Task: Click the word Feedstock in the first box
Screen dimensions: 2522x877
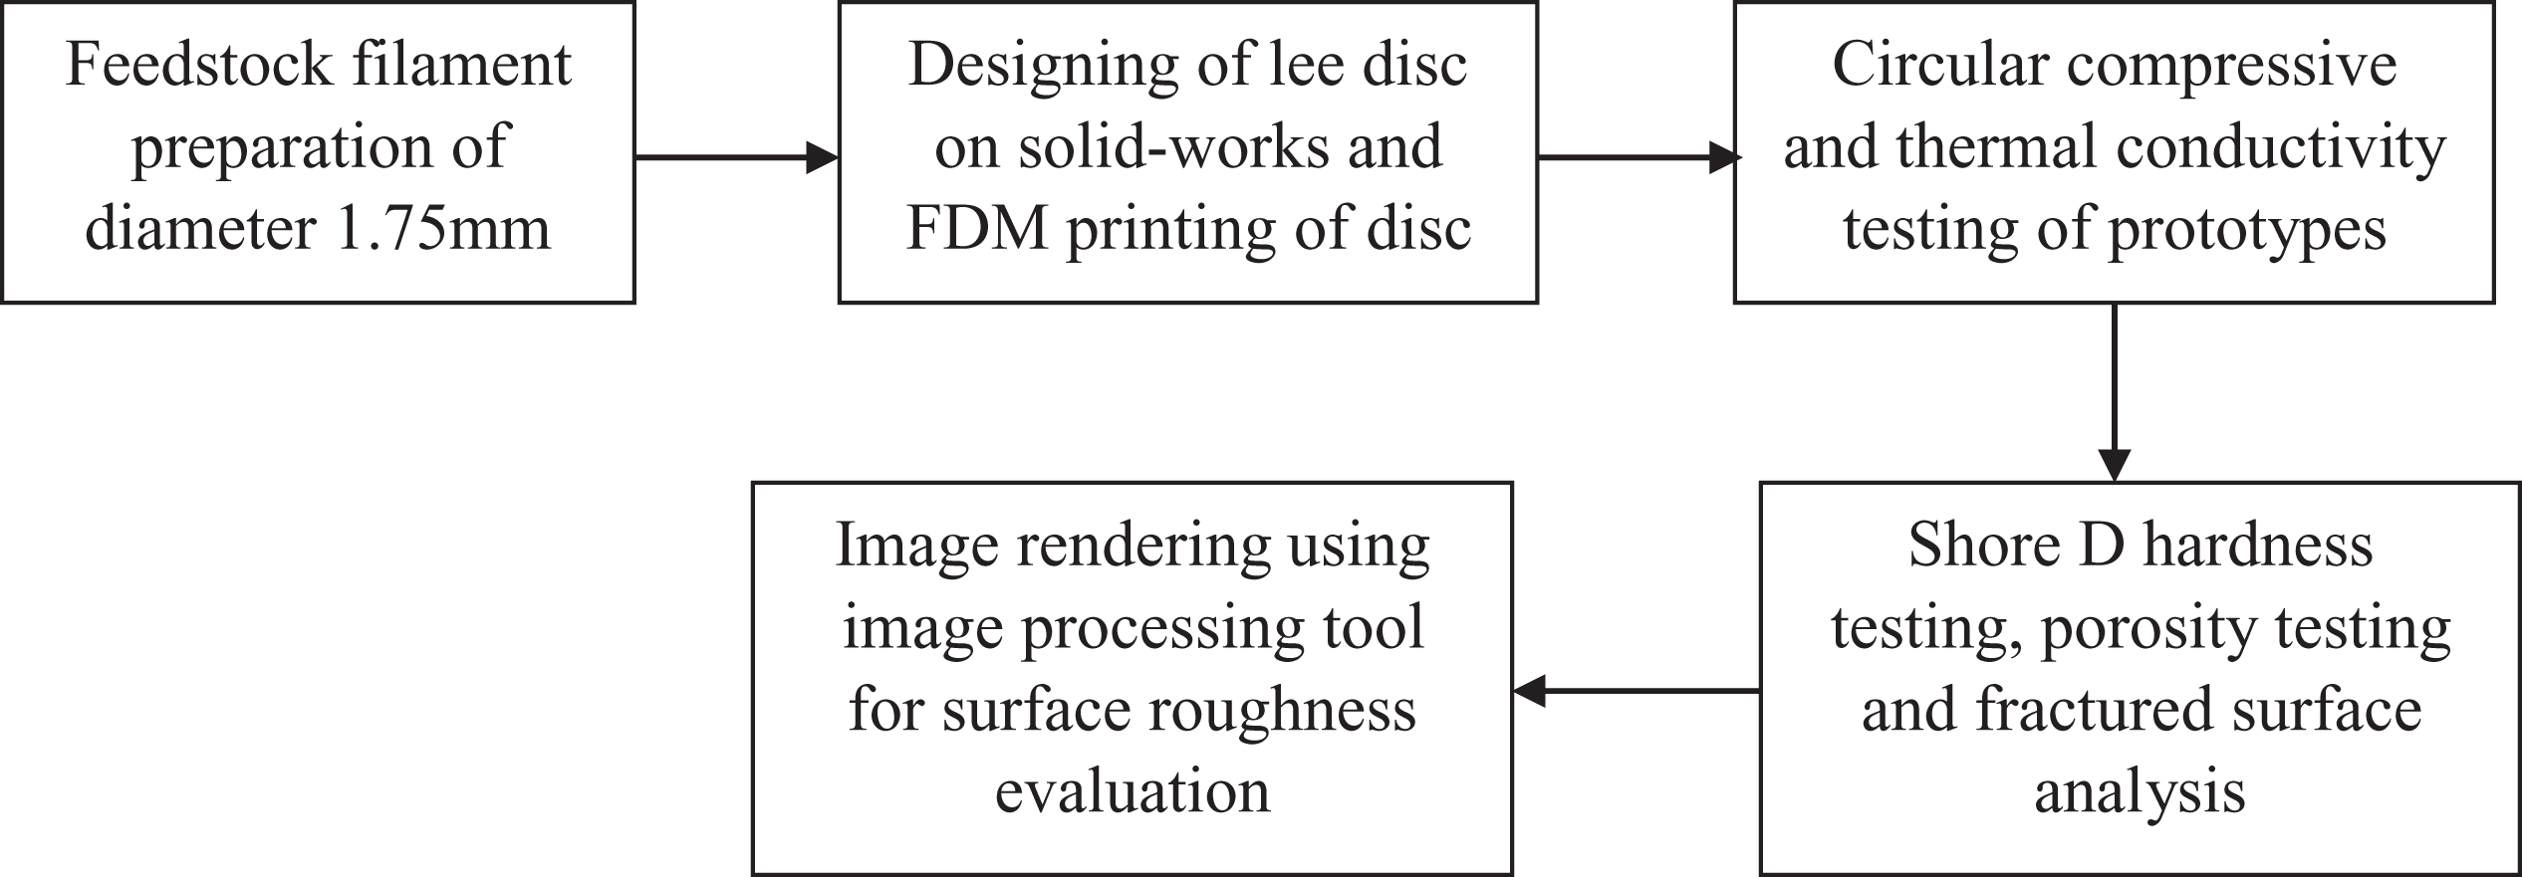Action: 196,65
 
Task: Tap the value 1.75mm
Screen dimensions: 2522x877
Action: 444,228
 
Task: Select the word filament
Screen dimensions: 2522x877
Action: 461,65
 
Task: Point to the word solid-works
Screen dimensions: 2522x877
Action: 1173,147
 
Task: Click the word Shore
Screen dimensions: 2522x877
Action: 1986,546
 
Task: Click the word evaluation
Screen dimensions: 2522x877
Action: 1133,790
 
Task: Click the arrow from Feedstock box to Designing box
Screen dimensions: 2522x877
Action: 737,157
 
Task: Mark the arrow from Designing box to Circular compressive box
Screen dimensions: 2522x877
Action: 1639,157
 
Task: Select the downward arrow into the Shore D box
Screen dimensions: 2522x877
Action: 2114,392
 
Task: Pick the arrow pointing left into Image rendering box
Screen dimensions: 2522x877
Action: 1637,690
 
